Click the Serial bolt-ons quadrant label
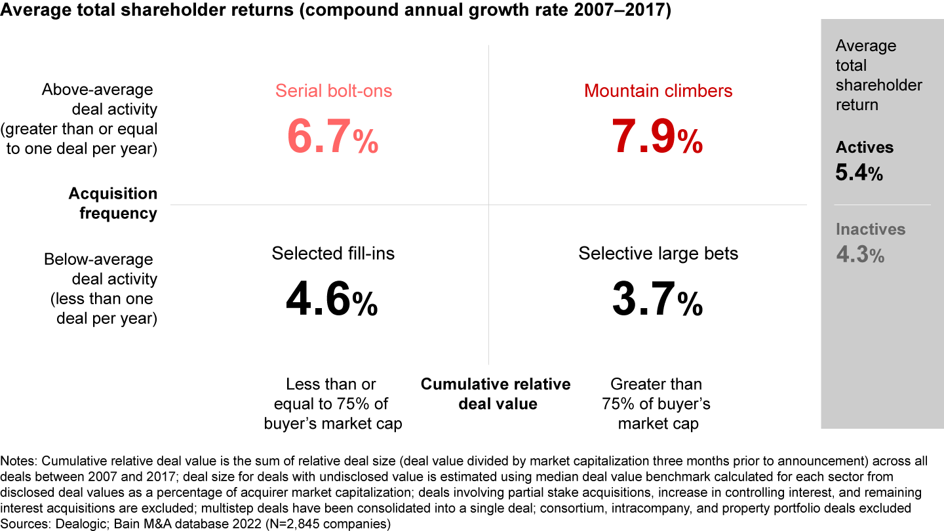pos(334,90)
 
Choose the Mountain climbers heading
pos(658,90)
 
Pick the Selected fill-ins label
pos(333,253)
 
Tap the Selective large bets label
pos(658,253)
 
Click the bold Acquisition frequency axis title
pos(113,203)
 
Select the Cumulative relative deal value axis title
pos(496,393)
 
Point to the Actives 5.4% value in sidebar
pos(859,174)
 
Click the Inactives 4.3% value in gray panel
pos(860,254)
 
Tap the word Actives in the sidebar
pos(864,147)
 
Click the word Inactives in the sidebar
pos(870,229)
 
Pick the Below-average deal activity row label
pos(101,288)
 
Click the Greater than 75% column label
pos(656,403)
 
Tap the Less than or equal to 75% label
pos(332,403)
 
